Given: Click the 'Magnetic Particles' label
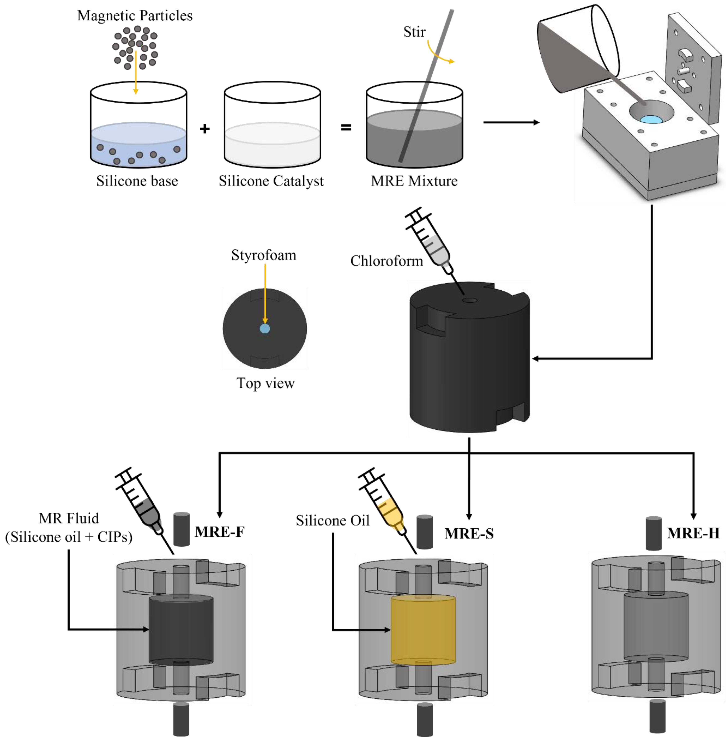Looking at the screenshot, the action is (135, 16).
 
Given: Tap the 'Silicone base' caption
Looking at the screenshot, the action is (137, 181).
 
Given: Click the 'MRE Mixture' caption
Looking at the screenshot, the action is (414, 181).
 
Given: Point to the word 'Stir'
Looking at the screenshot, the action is (414, 32).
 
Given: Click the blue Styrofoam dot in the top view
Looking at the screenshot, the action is (265, 328).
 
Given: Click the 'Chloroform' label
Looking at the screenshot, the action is (387, 261).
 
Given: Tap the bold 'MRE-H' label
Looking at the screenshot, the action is (693, 533).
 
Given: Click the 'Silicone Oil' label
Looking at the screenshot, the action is (333, 520).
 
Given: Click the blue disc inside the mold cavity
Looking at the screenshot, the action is (652, 119).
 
